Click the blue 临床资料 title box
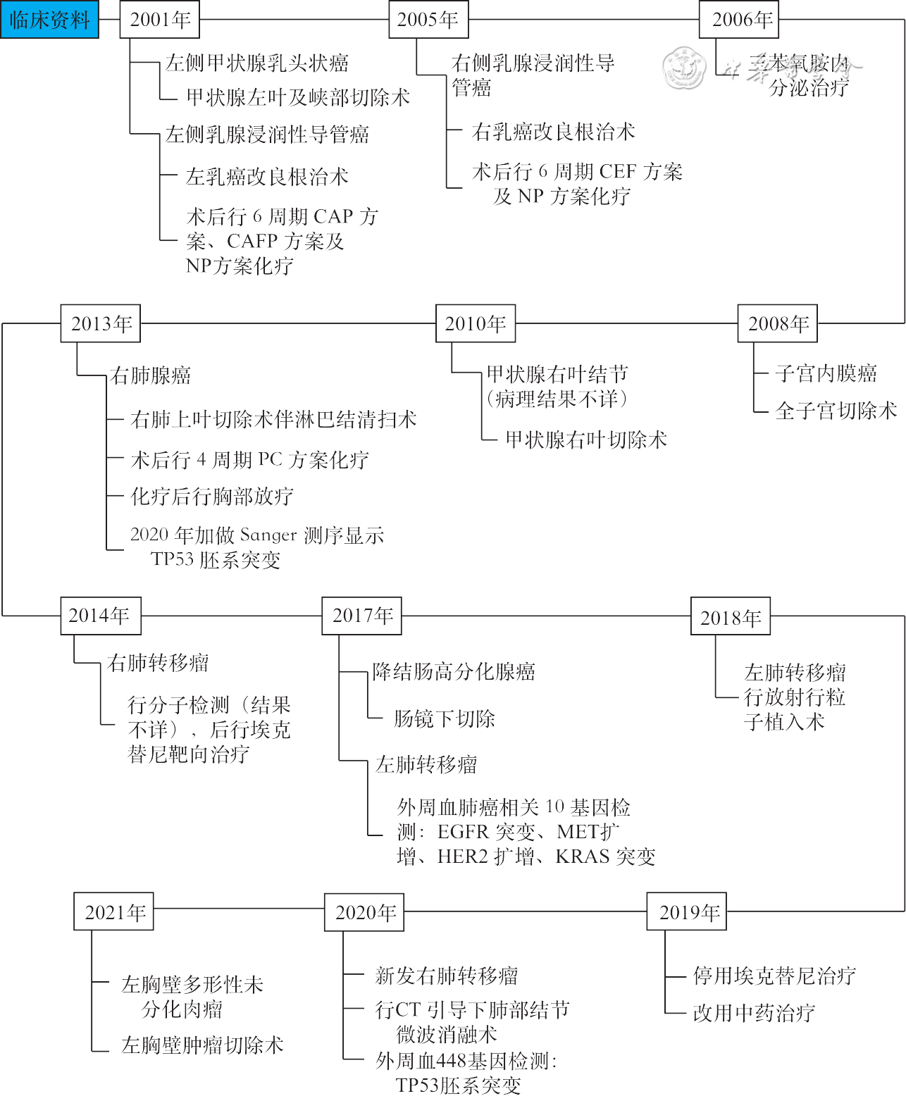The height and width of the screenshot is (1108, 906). pyautogui.click(x=49, y=20)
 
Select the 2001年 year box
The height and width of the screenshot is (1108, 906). pyautogui.click(x=160, y=20)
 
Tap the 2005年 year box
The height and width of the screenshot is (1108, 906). pyautogui.click(x=428, y=20)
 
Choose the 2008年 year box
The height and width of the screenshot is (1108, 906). pyautogui.click(x=778, y=324)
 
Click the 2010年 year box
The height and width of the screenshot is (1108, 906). pyautogui.click(x=476, y=324)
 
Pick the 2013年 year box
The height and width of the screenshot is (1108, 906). pyautogui.click(x=101, y=324)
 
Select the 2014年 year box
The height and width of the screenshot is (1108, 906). pyautogui.click(x=100, y=616)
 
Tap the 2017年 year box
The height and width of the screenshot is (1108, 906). pyautogui.click(x=362, y=616)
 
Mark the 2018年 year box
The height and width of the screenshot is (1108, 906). pyautogui.click(x=731, y=617)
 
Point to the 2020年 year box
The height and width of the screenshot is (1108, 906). pyautogui.click(x=364, y=912)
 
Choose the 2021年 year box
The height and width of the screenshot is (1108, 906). pyautogui.click(x=113, y=912)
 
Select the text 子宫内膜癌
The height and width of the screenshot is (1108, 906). pyautogui.click(x=826, y=373)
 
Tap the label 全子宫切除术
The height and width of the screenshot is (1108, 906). pyautogui.click(x=836, y=410)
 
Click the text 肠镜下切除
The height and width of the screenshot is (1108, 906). pyautogui.click(x=444, y=718)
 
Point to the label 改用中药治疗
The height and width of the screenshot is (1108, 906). pyautogui.click(x=754, y=1013)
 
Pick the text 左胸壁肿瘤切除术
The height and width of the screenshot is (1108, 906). pyautogui.click(x=202, y=1045)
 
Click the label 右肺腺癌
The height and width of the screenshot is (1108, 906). pyautogui.click(x=150, y=375)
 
